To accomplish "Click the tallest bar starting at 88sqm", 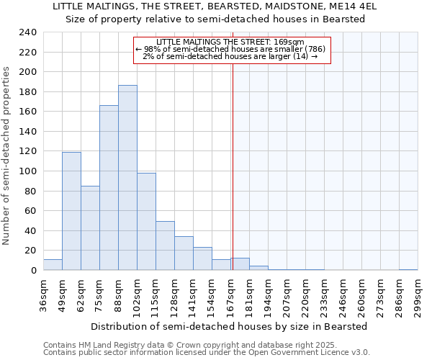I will [127, 178].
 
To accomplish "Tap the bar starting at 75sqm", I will [109, 188].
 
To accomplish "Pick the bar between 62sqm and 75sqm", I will [90, 228].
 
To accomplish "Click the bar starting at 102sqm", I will [146, 221].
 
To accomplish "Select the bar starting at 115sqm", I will [165, 246].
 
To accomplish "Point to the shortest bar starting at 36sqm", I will [53, 265].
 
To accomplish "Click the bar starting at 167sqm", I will [240, 264].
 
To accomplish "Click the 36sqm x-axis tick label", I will [43, 296].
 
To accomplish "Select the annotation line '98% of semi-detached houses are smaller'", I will [232, 49].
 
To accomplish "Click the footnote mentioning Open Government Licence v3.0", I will [207, 353].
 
